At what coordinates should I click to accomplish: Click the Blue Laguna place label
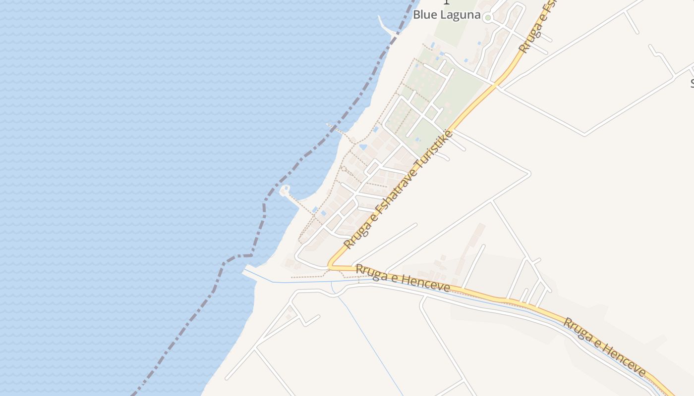point(447,15)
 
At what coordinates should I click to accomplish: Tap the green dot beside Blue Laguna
point(488,18)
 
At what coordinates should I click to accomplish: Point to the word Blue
point(424,15)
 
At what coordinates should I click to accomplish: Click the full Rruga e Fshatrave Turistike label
point(398,190)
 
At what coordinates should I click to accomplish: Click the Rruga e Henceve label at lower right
point(604,346)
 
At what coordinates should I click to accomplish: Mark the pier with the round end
point(285,191)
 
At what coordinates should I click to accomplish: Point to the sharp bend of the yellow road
point(331,266)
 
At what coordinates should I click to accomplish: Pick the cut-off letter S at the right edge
point(692,83)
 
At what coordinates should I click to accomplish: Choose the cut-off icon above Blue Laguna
point(446,2)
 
